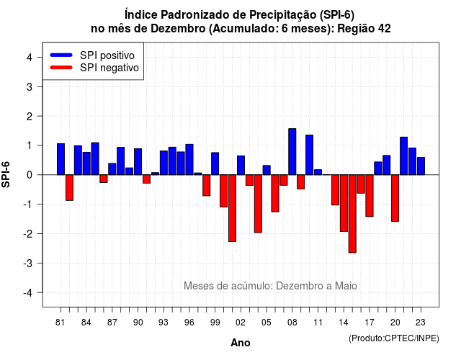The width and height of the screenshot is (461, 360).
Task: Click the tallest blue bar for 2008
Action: click(x=292, y=152)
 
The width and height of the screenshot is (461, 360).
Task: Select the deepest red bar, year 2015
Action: click(x=352, y=214)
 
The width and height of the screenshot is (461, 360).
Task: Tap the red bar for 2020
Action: click(x=395, y=198)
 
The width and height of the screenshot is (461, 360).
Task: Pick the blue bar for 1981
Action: click(x=61, y=159)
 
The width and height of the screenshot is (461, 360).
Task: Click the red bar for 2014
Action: click(x=344, y=203)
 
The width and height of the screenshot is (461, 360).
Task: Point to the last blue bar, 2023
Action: click(x=421, y=166)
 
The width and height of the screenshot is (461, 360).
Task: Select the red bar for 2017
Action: click(x=370, y=196)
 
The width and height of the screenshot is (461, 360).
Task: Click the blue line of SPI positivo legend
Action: click(x=61, y=55)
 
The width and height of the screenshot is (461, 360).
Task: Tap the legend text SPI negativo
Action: click(x=109, y=68)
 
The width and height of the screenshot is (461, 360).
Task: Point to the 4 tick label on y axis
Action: click(x=30, y=58)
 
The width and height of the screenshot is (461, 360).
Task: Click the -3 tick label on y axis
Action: click(x=27, y=263)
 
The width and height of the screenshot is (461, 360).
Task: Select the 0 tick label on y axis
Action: click(x=30, y=175)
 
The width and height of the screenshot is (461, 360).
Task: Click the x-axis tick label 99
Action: click(x=215, y=323)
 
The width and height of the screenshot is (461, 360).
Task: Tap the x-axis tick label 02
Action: click(x=241, y=323)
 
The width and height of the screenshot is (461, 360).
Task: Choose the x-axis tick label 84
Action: click(x=86, y=323)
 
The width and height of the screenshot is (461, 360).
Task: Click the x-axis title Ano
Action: click(x=241, y=343)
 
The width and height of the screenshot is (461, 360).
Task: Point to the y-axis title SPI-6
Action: click(x=6, y=174)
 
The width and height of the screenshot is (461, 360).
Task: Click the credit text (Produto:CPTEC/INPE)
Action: click(x=394, y=338)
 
